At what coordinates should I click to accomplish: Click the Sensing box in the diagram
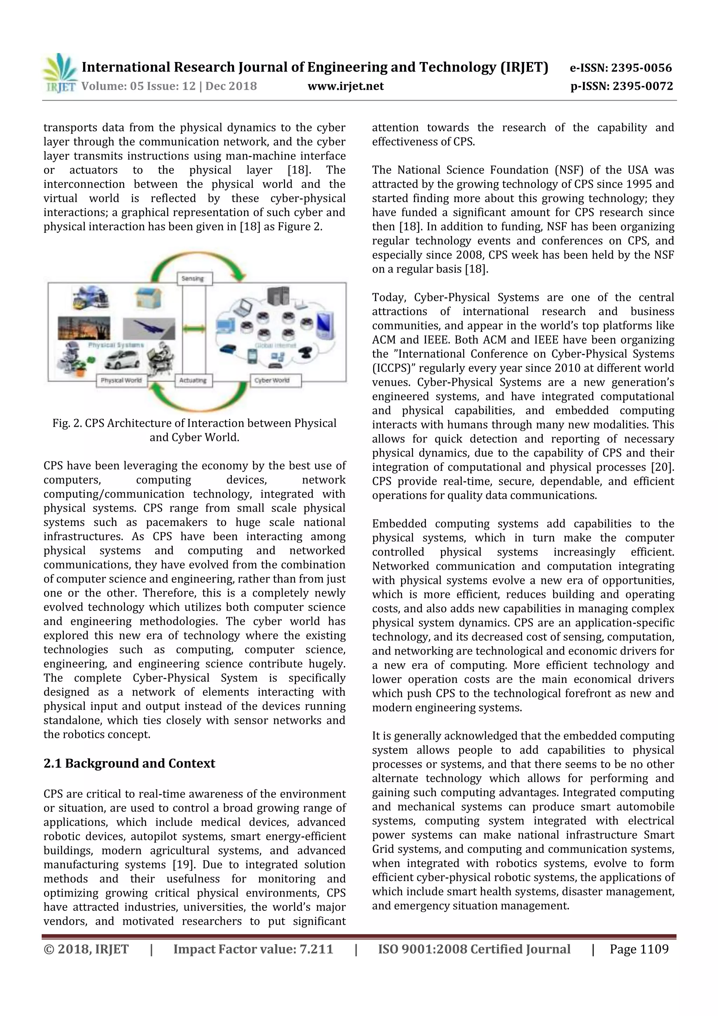coord(195,279)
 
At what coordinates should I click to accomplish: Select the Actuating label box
coord(193,380)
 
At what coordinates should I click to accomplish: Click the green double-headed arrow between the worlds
coord(195,328)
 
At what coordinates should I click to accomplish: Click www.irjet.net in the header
coord(346,86)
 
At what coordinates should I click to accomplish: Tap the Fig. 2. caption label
coord(68,424)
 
